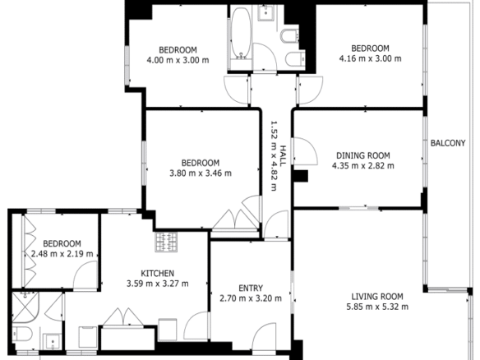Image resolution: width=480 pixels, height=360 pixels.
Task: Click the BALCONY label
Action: pos(448,143)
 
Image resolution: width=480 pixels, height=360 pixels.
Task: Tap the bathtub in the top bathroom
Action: pos(241,33)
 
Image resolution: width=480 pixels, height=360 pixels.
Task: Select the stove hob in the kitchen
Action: pos(166,242)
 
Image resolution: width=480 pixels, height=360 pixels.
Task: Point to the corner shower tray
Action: pos(25,307)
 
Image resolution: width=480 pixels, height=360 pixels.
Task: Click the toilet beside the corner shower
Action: pos(22,334)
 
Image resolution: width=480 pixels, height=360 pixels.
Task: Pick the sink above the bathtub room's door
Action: pos(265,12)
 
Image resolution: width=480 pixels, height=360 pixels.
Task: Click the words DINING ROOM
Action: pos(363,155)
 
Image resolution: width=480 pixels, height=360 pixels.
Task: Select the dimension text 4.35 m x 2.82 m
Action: pos(363,166)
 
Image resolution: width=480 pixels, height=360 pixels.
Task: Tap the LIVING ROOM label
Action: pos(377,297)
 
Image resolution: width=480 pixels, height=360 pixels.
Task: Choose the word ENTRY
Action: pos(251,288)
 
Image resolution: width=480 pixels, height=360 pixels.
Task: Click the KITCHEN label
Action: pos(157,274)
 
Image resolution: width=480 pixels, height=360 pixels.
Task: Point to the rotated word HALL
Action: pos(284,156)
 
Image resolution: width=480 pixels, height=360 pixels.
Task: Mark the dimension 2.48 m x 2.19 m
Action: pos(62,254)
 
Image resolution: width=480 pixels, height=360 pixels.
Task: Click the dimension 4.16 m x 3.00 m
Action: pos(370,58)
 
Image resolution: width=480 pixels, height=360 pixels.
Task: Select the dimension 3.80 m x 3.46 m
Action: pos(201,173)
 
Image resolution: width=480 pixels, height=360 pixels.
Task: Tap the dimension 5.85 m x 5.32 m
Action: pos(377,307)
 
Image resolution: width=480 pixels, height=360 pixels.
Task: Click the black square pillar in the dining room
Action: pos(301,176)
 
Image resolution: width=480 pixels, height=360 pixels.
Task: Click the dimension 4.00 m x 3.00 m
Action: pos(178,60)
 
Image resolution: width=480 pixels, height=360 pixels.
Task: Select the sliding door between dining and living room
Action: pos(359,209)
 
